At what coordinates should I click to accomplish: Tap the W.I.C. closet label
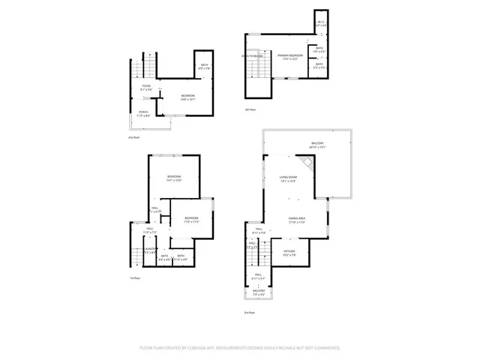click(x=320, y=23)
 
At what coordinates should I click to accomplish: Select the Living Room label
click(x=289, y=179)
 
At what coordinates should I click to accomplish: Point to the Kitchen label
click(x=289, y=253)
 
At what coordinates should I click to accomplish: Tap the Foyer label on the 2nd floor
click(x=146, y=88)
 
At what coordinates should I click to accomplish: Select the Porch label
click(x=142, y=113)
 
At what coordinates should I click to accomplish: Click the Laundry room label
click(x=150, y=250)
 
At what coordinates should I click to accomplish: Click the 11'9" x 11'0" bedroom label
click(x=191, y=220)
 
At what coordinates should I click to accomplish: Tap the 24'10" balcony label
click(x=318, y=145)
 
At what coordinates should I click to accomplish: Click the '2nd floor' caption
click(x=133, y=139)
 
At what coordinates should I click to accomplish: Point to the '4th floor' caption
click(x=250, y=109)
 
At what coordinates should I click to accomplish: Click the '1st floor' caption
click(x=136, y=277)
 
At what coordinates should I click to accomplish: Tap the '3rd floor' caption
click(x=249, y=313)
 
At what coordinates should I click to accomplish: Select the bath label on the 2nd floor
click(x=205, y=66)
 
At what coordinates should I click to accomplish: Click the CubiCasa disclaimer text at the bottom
click(x=240, y=348)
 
